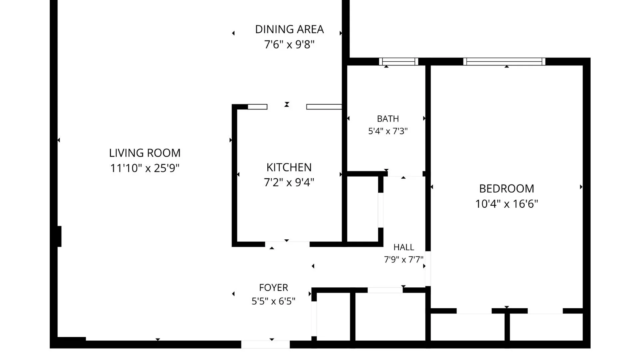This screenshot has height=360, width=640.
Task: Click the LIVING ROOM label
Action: point(145,153)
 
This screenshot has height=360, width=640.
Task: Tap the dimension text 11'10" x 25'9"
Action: point(145,168)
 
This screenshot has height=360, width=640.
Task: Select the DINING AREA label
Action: point(289,29)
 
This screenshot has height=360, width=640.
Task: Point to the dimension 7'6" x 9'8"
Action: point(289,44)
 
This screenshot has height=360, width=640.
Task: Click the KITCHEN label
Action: point(289,167)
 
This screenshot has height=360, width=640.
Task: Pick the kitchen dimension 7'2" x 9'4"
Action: point(289,182)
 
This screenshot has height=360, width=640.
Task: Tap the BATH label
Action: point(388,119)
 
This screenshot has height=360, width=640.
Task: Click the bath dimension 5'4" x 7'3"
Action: point(388,131)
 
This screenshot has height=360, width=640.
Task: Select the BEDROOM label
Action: point(506,189)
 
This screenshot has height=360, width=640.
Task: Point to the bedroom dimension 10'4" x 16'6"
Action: point(506,204)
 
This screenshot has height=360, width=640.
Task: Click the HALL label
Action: point(404,247)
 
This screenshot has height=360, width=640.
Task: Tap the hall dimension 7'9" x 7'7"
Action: point(404,259)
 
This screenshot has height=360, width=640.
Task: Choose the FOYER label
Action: point(273,288)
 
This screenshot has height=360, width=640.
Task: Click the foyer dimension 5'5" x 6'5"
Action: point(273,301)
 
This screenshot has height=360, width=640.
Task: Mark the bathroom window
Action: point(398,61)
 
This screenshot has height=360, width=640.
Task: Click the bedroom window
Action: point(504,61)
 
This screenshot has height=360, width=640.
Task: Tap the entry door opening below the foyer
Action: point(265,344)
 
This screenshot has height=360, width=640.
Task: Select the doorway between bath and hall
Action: point(405,174)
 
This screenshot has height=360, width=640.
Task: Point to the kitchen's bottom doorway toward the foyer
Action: point(287,244)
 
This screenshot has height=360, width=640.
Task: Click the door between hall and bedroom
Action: point(428,268)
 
